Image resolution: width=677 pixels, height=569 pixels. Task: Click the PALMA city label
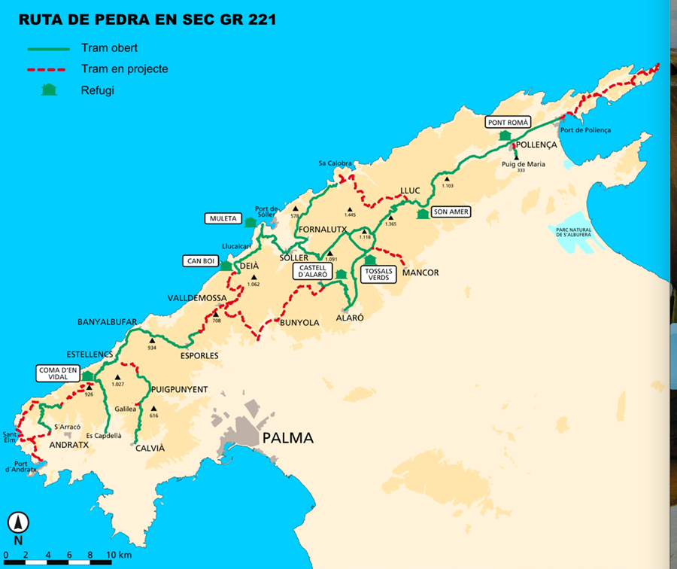(x=286, y=438)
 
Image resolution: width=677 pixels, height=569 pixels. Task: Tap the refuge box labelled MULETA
(x=223, y=219)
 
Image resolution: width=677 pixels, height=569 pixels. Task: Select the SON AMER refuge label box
(x=451, y=212)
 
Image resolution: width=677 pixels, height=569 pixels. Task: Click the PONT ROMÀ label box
(x=509, y=122)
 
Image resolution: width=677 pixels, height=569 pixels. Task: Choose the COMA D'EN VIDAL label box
(x=59, y=373)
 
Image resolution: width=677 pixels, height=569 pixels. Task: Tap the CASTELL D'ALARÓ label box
(x=313, y=272)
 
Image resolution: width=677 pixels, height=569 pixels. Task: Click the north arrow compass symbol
(x=18, y=522)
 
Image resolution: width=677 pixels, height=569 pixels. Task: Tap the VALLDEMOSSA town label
(x=197, y=298)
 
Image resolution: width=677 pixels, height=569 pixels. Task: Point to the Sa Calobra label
(x=335, y=163)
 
